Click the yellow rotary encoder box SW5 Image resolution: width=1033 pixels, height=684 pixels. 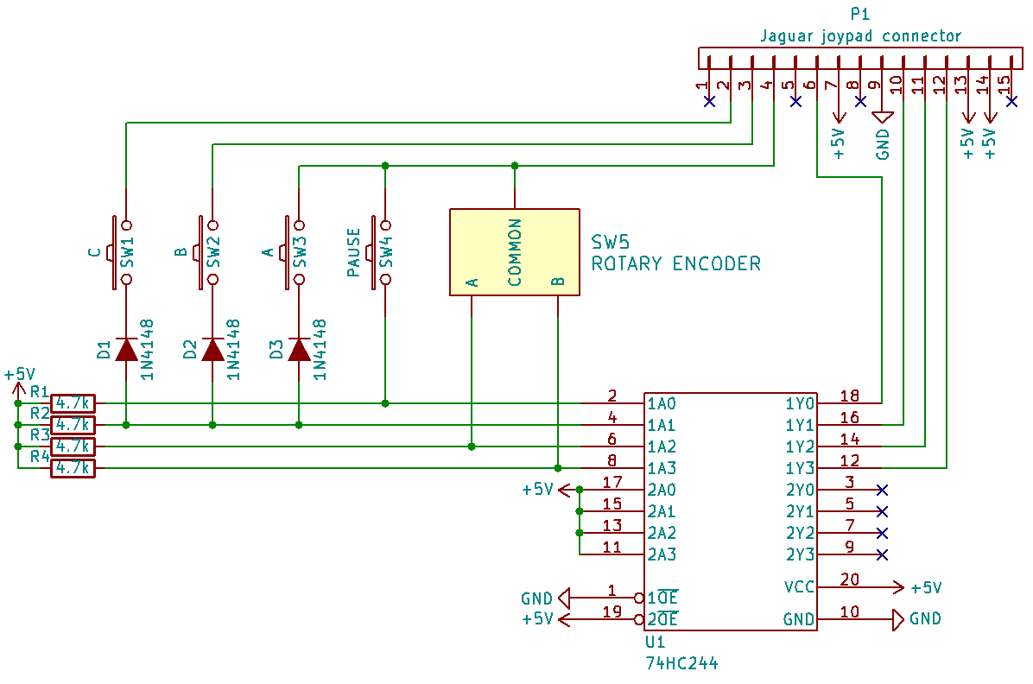(514, 251)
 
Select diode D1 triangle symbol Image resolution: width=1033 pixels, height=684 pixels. (126, 349)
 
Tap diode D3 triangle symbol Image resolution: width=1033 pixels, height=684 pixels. (299, 349)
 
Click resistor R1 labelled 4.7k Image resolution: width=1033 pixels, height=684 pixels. (73, 403)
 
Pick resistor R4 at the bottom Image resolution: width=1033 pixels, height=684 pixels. (73, 468)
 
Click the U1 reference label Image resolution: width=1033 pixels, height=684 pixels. (656, 643)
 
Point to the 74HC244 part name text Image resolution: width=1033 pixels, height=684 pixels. (682, 663)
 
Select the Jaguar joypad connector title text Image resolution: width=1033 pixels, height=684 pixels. (860, 36)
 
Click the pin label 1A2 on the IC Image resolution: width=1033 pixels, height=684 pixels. (662, 446)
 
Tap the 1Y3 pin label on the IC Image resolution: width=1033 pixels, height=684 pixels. (800, 468)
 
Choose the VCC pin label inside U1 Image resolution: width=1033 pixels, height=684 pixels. (799, 587)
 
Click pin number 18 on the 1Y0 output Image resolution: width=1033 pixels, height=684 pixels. (849, 396)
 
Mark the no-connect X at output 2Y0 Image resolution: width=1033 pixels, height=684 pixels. (882, 490)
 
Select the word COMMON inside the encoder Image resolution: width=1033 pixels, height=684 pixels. (515, 251)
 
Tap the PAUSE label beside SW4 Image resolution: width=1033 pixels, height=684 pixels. (354, 252)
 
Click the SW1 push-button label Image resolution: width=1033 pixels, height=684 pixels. (127, 252)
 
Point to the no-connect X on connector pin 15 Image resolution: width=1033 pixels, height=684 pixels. (1011, 101)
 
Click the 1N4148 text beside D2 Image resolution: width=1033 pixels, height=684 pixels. (233, 349)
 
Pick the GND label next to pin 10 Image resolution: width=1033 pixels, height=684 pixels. (925, 619)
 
